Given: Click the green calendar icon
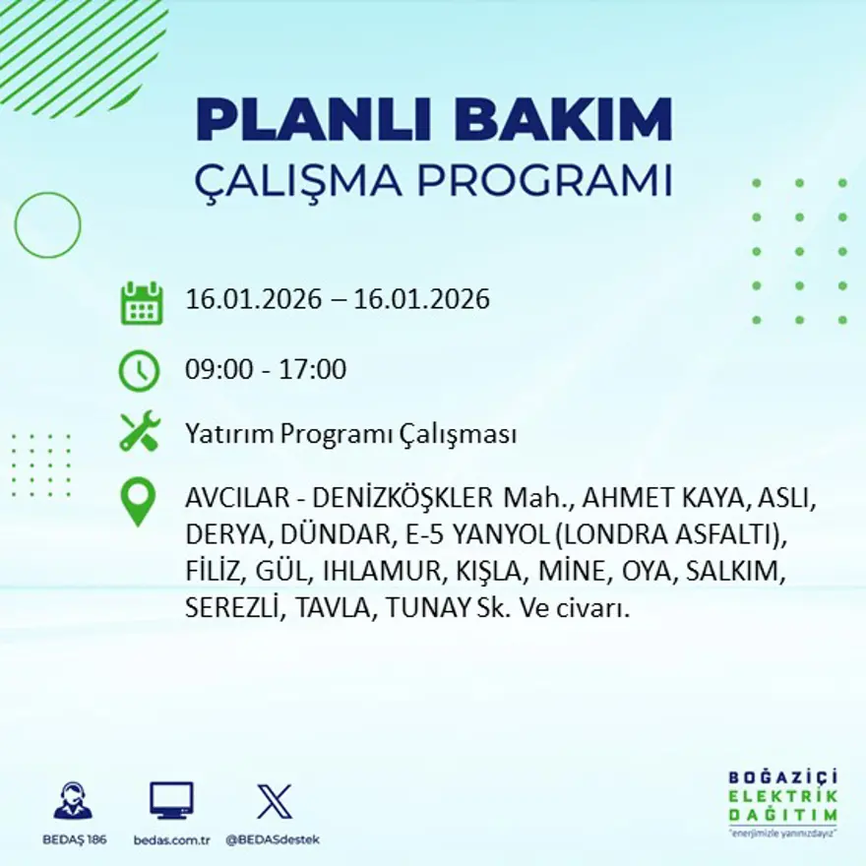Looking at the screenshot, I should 141,302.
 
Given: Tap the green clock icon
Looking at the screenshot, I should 140,371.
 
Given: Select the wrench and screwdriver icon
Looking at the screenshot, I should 140,432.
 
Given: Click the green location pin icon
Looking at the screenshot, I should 138,501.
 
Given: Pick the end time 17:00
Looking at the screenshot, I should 317,370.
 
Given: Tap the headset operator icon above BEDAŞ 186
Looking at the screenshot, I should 73,801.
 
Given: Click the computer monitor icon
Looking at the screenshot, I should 171,801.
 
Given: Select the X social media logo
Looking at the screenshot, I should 274,801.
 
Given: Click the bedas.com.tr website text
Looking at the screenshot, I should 171,839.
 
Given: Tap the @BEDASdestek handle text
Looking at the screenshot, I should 273,839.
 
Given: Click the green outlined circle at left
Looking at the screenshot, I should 47,224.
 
